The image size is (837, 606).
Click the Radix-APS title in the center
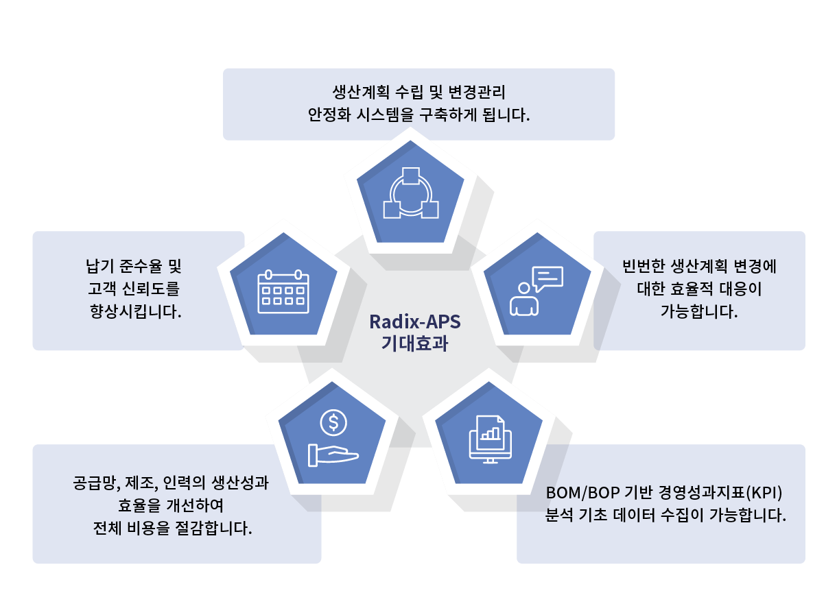click(415, 322)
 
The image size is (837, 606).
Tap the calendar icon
click(283, 291)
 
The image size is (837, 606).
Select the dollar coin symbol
click(333, 423)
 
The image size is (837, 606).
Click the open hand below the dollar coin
click(333, 455)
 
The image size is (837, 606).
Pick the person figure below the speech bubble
click(524, 299)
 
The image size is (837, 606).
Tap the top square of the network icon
click(411, 176)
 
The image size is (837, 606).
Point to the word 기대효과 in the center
click(415, 343)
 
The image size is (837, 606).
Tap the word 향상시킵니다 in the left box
click(135, 311)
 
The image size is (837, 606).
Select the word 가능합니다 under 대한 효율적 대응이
click(698, 311)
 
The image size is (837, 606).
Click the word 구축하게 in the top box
click(447, 114)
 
